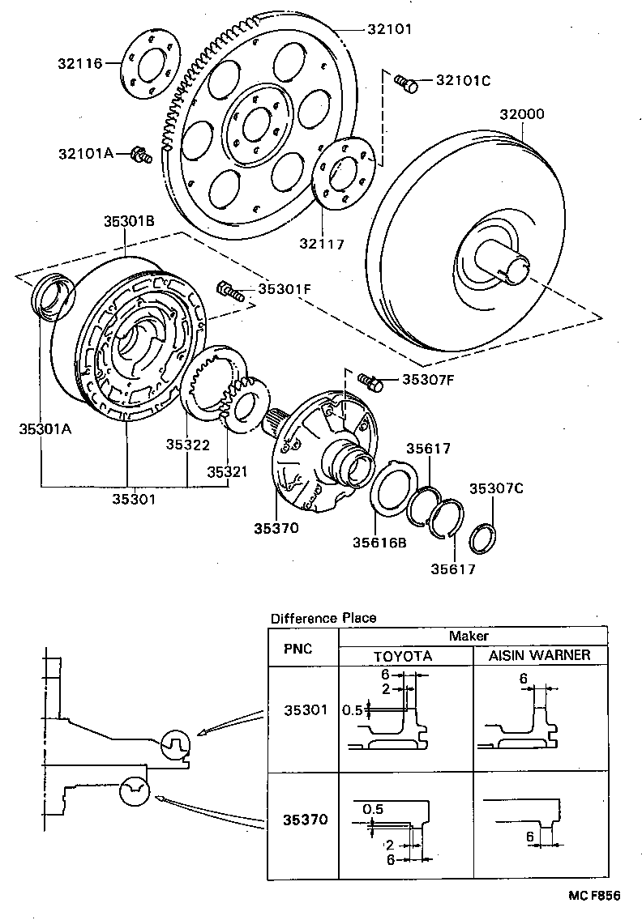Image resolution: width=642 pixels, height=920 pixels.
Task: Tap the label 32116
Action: [x=80, y=63]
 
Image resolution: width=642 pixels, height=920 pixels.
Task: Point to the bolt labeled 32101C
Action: [x=405, y=82]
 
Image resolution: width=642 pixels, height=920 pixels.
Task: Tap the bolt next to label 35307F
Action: [x=371, y=378]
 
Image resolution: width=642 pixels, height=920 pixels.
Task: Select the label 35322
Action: [x=188, y=445]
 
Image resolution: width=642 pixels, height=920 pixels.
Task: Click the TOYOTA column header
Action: [x=403, y=655]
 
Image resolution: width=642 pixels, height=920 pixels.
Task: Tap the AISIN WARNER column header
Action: [x=539, y=655]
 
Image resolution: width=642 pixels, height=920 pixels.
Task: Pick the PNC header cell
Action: [x=302, y=649]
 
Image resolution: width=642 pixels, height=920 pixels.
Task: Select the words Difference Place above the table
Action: [x=323, y=618]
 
